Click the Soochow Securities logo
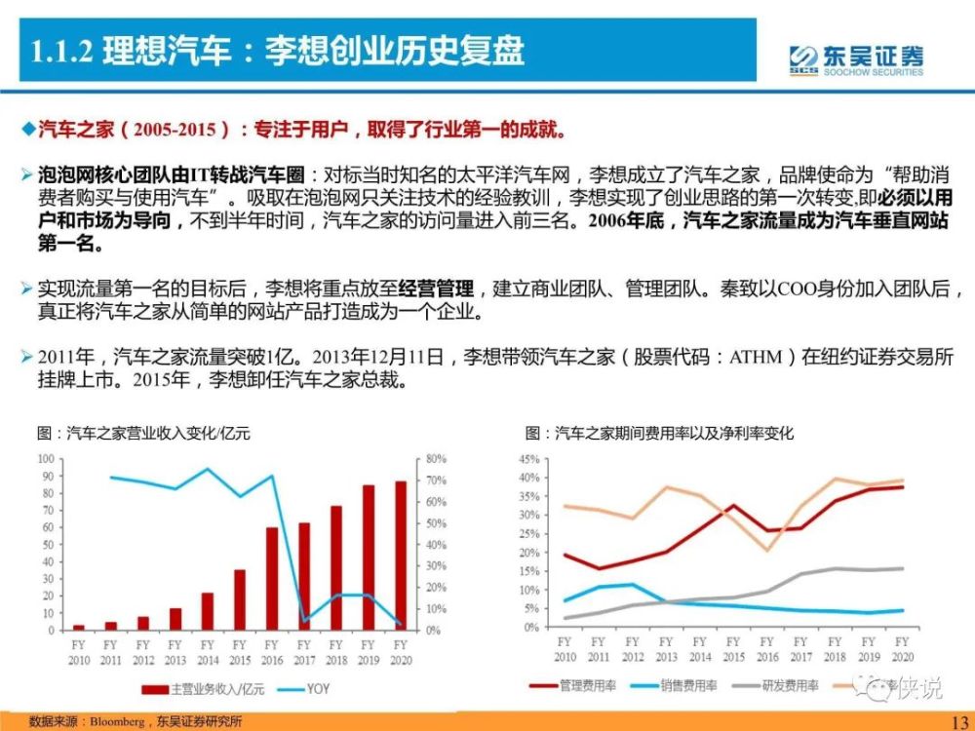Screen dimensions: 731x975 855,58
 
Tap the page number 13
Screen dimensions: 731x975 955,715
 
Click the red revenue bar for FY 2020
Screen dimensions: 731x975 400,556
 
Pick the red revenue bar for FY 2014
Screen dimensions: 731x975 208,611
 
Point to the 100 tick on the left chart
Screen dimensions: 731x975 46,458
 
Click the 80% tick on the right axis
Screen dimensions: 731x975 435,458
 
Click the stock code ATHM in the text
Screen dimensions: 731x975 756,358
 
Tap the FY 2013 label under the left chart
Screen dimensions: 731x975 175,650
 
